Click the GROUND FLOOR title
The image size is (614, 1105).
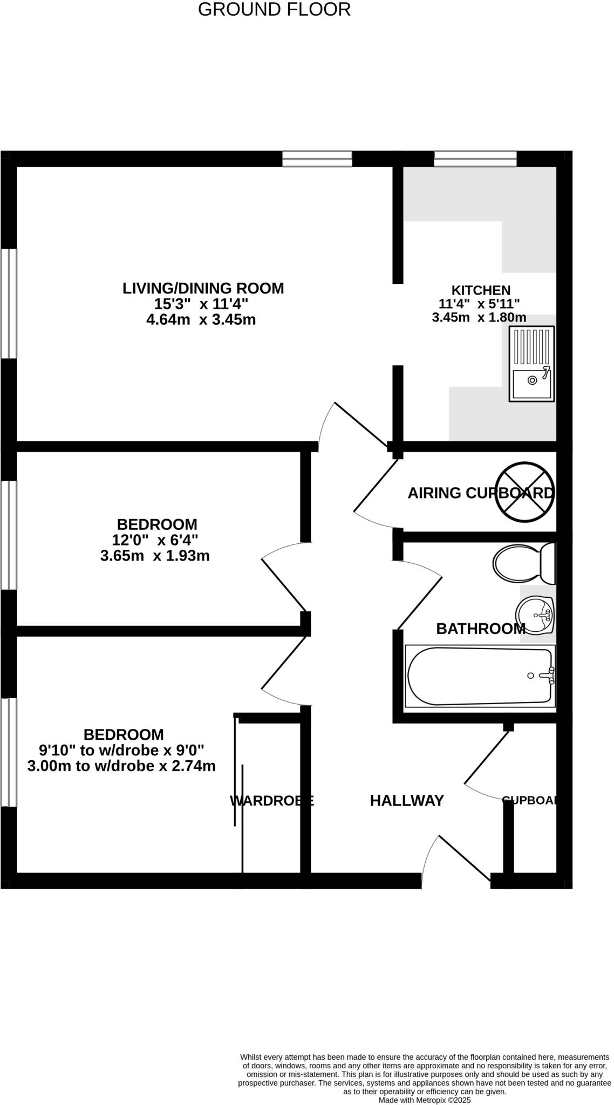click(274, 9)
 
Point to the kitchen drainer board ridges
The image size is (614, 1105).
click(531, 346)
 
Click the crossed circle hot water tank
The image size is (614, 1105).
click(525, 491)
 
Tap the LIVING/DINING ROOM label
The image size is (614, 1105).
click(203, 288)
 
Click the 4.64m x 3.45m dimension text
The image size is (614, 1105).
click(201, 319)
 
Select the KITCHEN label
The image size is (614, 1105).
click(481, 290)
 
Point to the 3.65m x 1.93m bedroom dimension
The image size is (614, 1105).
click(155, 555)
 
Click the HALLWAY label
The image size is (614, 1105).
click(407, 801)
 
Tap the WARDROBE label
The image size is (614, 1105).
click(271, 801)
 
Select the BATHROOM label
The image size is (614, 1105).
click(480, 629)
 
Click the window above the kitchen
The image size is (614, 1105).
click(475, 159)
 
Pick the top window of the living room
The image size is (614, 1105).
click(317, 159)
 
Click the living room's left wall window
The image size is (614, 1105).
click(8, 303)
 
